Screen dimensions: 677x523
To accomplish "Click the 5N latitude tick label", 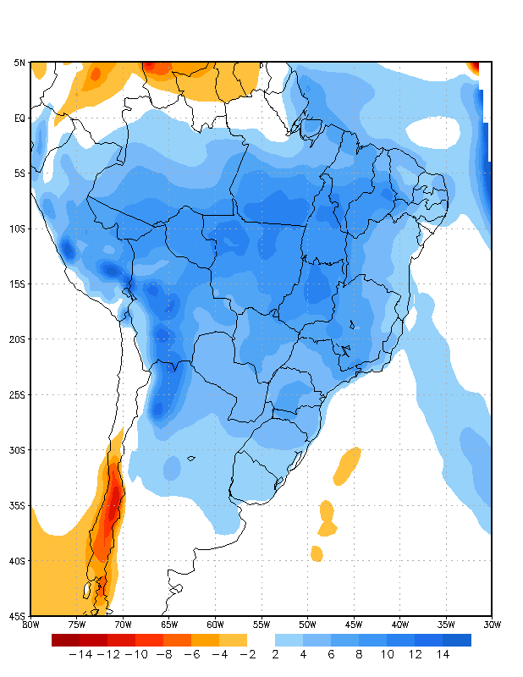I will coord(19,63).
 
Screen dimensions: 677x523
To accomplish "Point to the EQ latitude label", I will coord(19,118).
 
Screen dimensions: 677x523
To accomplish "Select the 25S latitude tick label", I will coord(18,395).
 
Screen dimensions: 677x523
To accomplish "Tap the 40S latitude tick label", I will coord(18,561).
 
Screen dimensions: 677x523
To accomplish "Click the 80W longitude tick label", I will coord(30,625).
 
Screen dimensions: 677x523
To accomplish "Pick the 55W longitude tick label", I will coord(261,625).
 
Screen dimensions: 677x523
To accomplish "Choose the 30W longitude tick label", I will coord(493,625).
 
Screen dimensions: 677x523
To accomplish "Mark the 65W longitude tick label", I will coord(169,625).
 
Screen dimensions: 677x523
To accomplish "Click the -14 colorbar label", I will coord(80,654).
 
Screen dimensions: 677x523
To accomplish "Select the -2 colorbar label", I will coord(247,654).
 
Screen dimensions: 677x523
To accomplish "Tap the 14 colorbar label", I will coord(443,654).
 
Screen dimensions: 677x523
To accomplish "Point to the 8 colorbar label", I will coord(359,654).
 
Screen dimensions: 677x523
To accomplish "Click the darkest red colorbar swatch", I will coord(65,640).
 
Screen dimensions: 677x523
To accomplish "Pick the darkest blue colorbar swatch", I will coord(457,640).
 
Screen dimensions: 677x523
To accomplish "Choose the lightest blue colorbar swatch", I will coord(289,640).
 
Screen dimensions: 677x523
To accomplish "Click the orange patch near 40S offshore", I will coord(317,553).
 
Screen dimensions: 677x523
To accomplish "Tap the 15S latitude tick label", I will coord(18,284).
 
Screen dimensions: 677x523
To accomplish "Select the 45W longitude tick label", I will coord(354,625).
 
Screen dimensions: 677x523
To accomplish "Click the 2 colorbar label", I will coord(275,654).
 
